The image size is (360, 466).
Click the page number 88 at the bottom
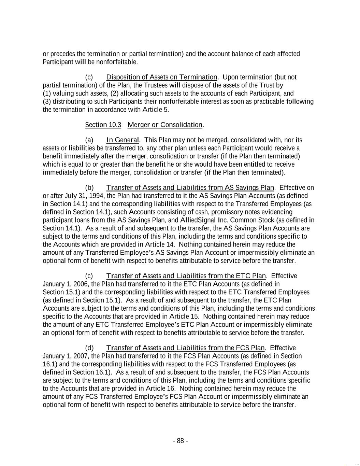[x=180, y=441]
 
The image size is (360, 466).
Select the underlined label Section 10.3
[x=103, y=125]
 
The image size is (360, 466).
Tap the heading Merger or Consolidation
[x=165, y=125]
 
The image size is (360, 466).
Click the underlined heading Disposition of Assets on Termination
[x=162, y=77]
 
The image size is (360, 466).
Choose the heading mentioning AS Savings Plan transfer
[x=190, y=188]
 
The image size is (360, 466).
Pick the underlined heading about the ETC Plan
[x=186, y=276]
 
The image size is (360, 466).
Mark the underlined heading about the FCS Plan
[x=185, y=348]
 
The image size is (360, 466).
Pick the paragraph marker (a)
[x=89, y=140]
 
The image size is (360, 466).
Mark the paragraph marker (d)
[x=89, y=348]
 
